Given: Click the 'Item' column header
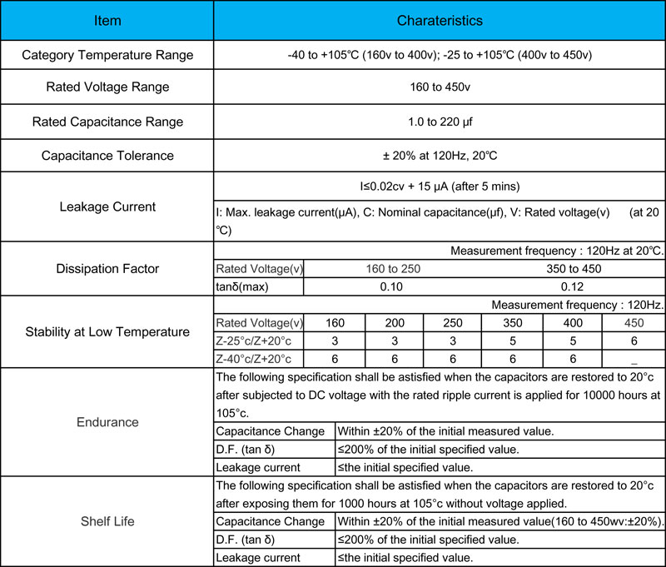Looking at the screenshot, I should (x=107, y=21).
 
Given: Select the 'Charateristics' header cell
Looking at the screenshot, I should (x=439, y=21).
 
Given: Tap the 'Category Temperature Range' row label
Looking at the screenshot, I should (x=107, y=56).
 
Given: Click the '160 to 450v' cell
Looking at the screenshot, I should (x=439, y=87).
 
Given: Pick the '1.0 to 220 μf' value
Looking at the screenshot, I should (x=439, y=122).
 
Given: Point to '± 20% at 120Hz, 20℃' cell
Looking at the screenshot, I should (x=439, y=155).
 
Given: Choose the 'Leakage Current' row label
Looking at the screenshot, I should (x=107, y=206).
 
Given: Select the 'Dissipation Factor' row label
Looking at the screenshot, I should (x=107, y=269).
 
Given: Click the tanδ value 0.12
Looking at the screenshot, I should (x=573, y=286).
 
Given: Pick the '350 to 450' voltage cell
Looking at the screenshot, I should (x=573, y=269).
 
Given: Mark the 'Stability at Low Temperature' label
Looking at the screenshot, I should (x=107, y=331).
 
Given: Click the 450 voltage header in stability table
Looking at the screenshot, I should (x=633, y=323).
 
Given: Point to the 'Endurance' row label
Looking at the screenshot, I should (x=107, y=422).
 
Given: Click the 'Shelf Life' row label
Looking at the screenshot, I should (x=107, y=521).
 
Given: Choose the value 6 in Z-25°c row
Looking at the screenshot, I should (x=633, y=341).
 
